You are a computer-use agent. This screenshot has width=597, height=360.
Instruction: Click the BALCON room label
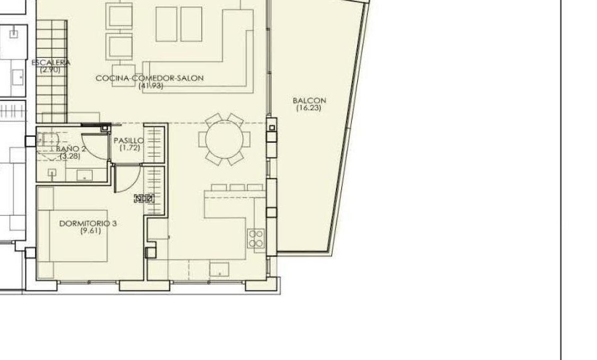pyautogui.click(x=309, y=100)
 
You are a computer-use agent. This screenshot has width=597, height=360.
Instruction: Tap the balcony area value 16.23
pyautogui.click(x=309, y=108)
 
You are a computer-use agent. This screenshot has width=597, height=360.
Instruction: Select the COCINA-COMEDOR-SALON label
pyautogui.click(x=150, y=78)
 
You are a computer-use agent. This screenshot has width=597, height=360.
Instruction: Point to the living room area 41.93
pyautogui.click(x=150, y=85)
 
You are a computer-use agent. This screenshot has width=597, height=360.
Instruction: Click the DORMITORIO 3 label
pyautogui.click(x=88, y=224)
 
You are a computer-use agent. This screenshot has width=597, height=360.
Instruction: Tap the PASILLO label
pyautogui.click(x=128, y=141)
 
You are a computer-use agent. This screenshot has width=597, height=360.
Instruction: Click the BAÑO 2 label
pyautogui.click(x=71, y=149)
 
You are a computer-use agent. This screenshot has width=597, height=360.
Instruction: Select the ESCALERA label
pyautogui.click(x=50, y=63)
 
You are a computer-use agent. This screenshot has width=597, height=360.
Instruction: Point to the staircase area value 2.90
pyautogui.click(x=50, y=69)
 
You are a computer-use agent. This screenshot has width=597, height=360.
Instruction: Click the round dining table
pyautogui.click(x=224, y=139)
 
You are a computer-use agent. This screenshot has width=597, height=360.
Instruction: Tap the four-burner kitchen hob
pyautogui.click(x=256, y=238)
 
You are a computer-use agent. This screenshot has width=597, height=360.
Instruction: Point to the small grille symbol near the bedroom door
pyautogui.click(x=144, y=199)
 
